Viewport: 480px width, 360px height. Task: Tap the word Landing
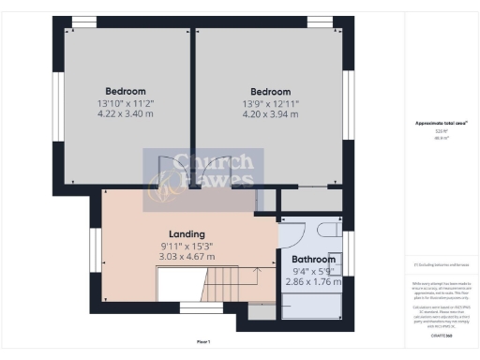[187, 234]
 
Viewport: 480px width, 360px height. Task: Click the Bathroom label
[313, 259]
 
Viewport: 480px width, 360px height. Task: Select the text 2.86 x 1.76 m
[313, 280]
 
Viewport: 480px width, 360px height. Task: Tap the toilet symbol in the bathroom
[329, 231]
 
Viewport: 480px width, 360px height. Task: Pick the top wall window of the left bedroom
[84, 22]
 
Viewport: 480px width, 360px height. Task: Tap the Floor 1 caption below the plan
[203, 341]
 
